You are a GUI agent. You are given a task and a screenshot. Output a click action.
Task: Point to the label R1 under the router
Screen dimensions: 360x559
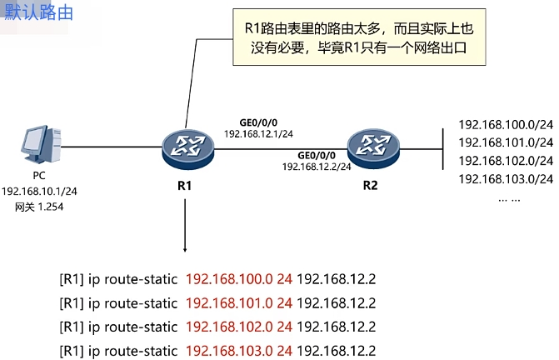tap(185, 185)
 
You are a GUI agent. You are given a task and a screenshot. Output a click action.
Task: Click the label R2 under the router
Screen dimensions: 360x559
tap(370, 185)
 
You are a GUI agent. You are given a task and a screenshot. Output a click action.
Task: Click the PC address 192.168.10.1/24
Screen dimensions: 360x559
tap(38, 191)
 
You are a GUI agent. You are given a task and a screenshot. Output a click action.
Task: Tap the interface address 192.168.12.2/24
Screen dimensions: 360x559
tap(317, 167)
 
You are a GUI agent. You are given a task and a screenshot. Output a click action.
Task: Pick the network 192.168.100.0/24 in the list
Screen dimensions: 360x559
tap(506, 125)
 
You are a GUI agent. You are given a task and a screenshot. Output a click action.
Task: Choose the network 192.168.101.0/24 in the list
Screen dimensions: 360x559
tap(506, 142)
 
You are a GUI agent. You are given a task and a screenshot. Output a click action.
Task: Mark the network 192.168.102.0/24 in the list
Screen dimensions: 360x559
tap(506, 161)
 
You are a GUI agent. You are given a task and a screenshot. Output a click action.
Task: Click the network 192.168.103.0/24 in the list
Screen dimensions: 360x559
tap(506, 178)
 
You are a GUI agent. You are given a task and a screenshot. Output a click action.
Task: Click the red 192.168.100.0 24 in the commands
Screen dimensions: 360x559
tap(239, 279)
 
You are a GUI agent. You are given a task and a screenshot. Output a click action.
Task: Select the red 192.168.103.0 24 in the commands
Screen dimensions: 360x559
tap(239, 349)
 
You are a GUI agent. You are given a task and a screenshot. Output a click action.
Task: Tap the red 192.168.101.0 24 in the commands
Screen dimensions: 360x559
tap(239, 302)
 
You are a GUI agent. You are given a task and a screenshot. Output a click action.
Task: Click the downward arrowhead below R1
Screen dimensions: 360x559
tap(185, 249)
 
